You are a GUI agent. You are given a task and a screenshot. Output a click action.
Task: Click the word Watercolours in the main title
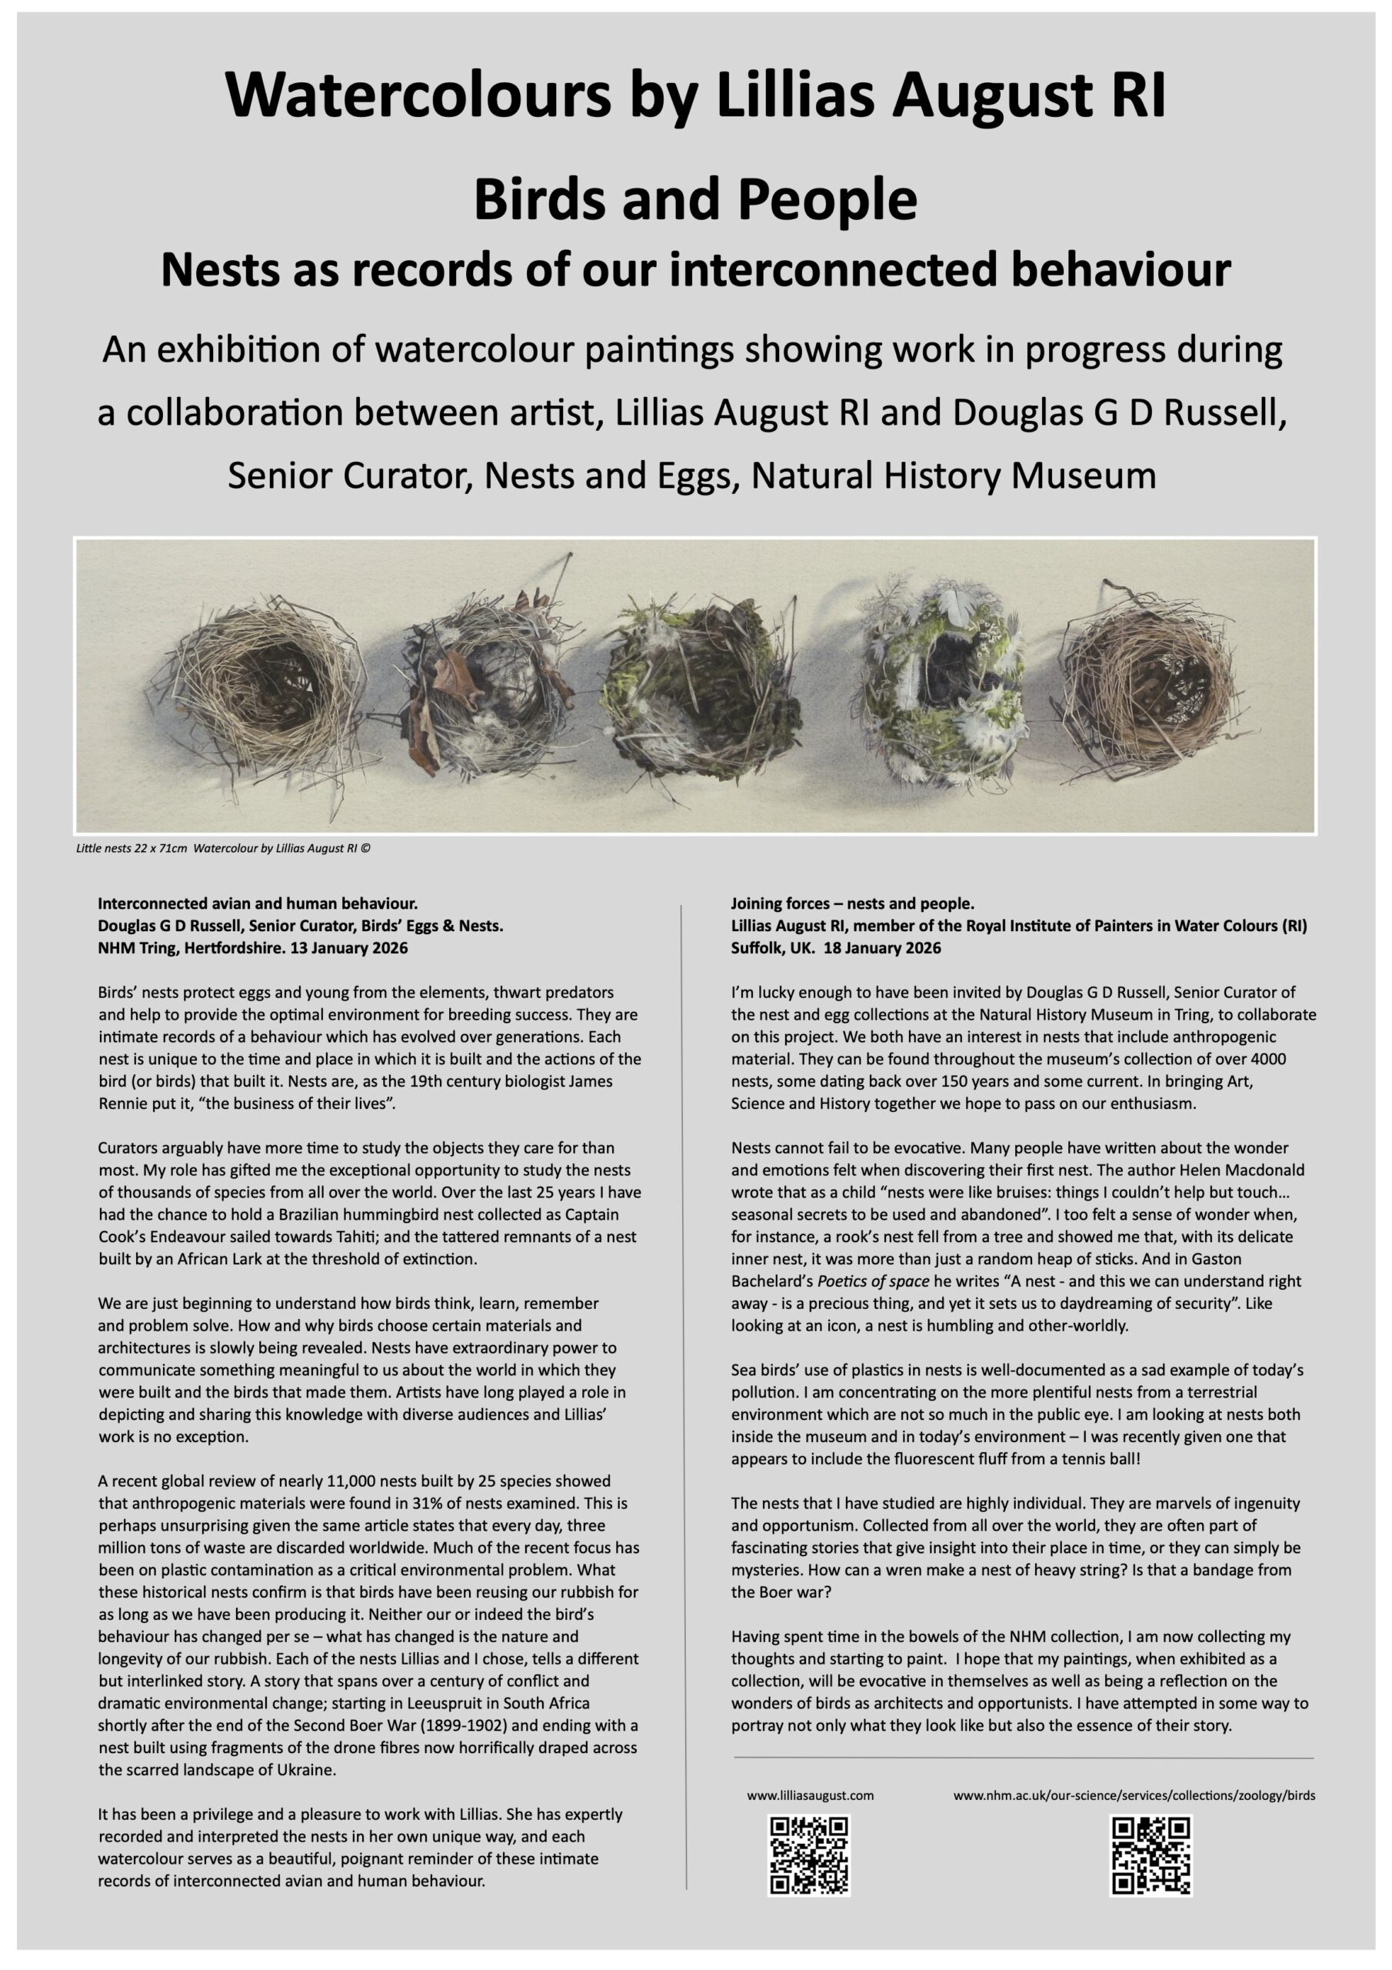click(x=418, y=95)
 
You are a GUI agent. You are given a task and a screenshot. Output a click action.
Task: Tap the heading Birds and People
click(x=694, y=199)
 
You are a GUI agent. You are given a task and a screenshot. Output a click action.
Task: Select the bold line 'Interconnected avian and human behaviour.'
click(x=258, y=903)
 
